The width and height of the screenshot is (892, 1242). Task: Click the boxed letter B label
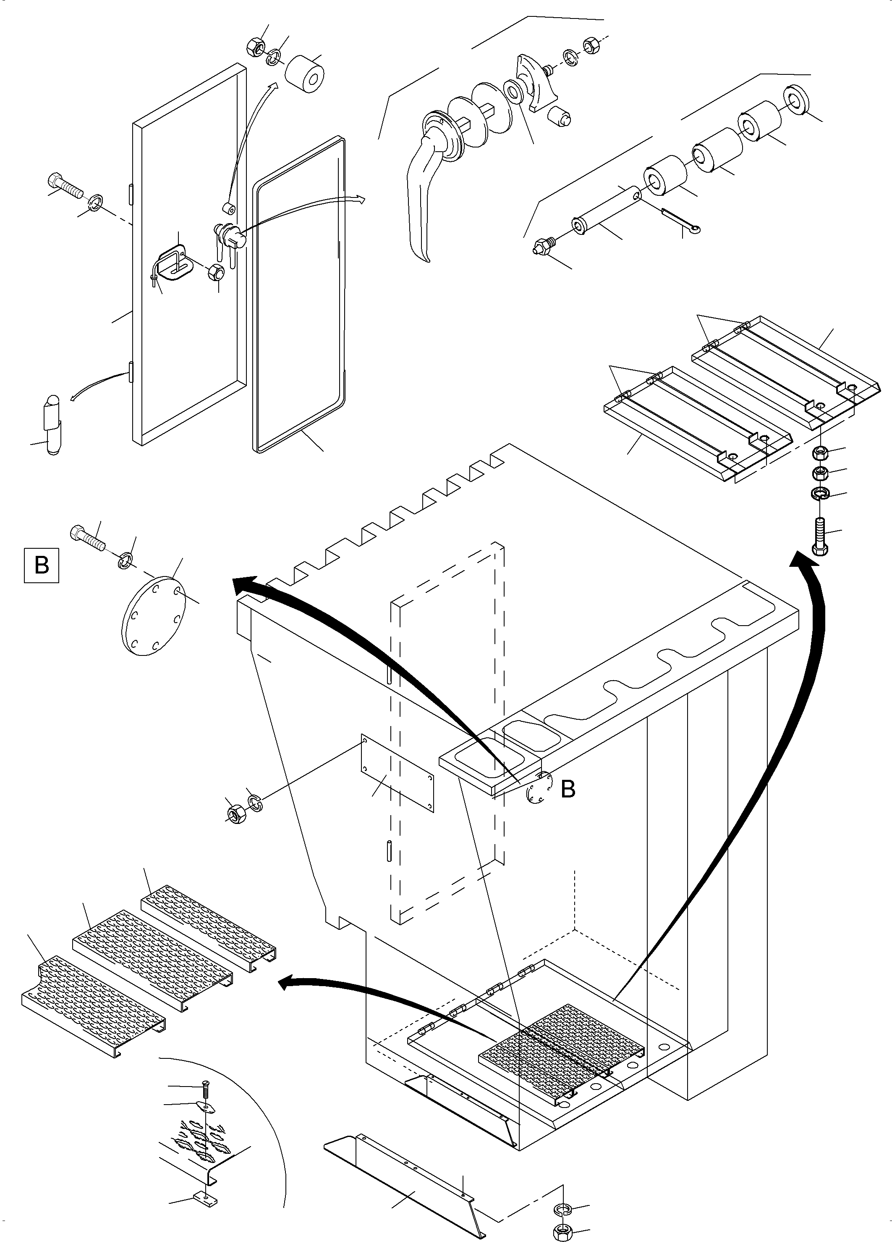pyautogui.click(x=42, y=565)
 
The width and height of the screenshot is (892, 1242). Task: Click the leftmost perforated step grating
pyautogui.click(x=93, y=1005)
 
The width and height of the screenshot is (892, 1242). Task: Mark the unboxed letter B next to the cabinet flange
pyautogui.click(x=568, y=789)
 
